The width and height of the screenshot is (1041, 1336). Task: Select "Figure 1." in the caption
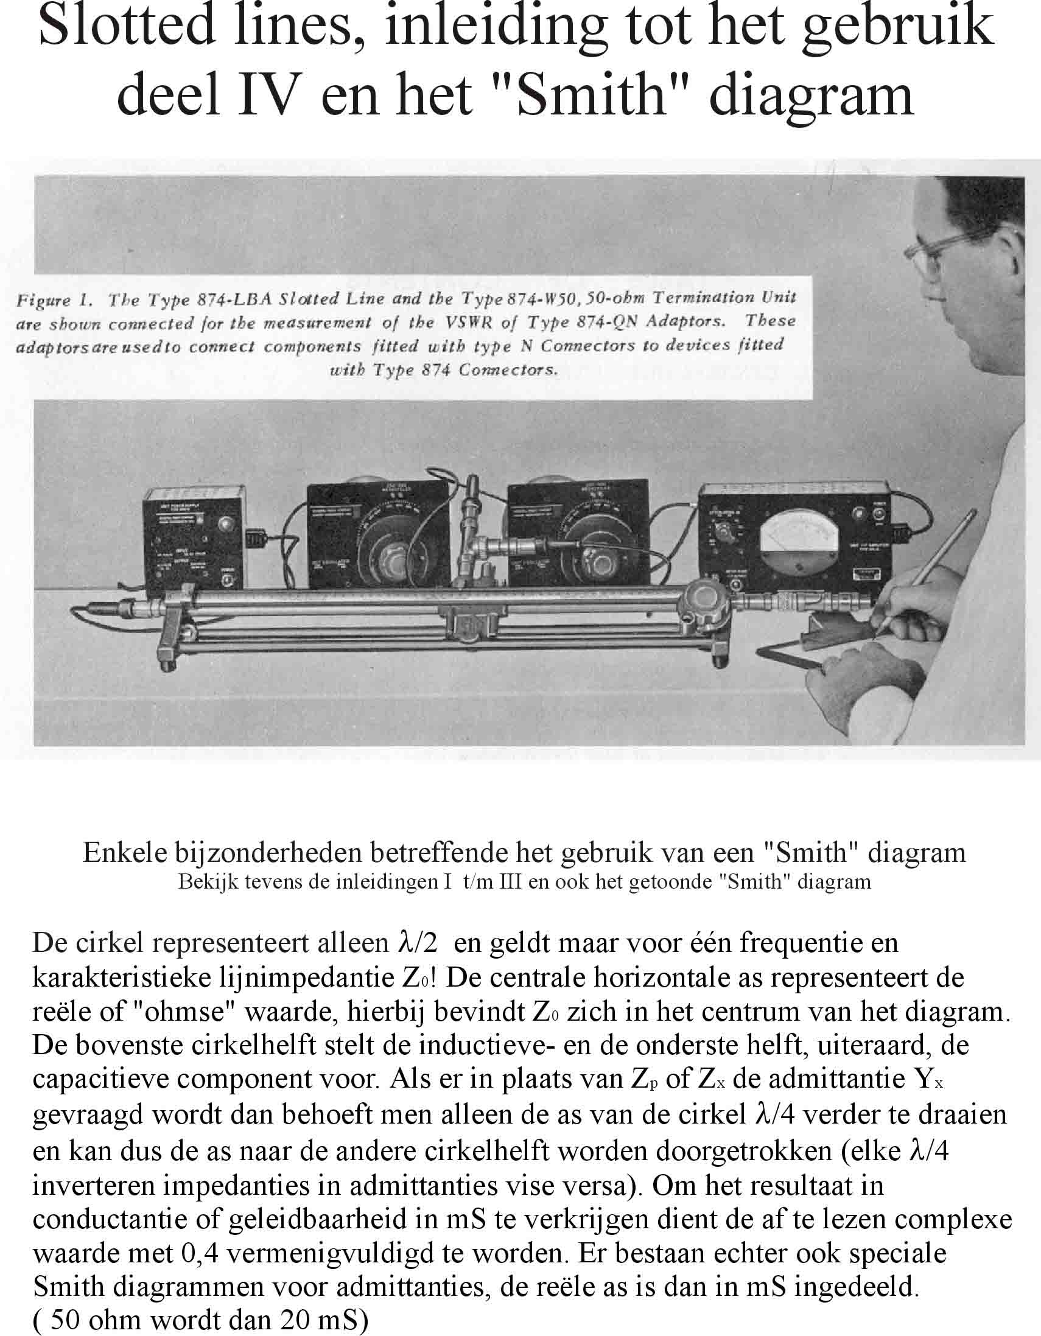54,300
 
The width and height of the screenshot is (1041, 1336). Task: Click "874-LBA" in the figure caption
235,299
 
